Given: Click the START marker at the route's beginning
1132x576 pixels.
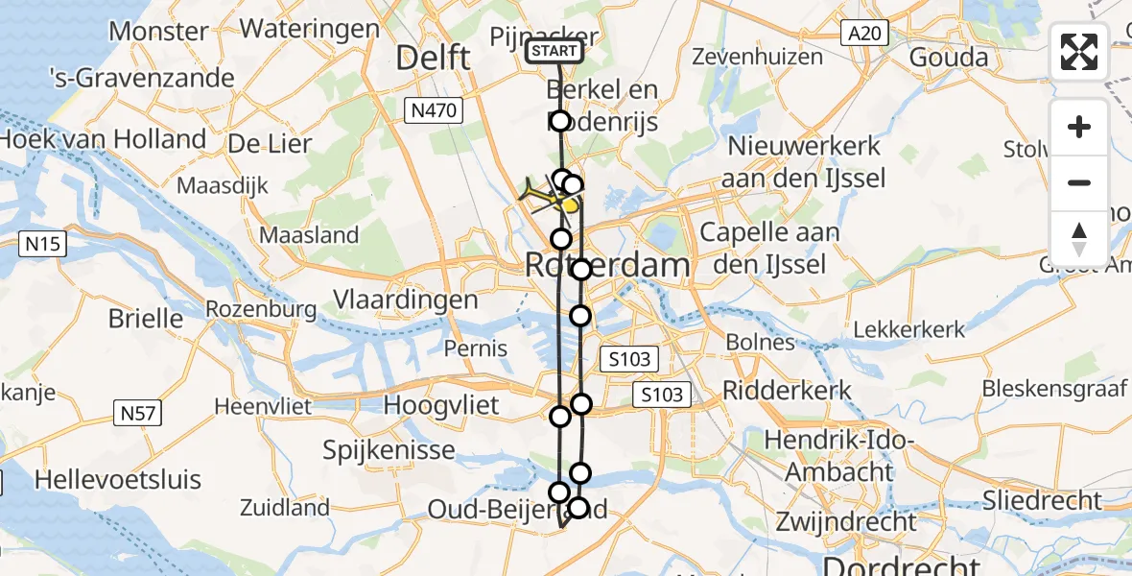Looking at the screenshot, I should pos(554,51).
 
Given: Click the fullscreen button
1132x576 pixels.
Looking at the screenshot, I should pos(1079,52).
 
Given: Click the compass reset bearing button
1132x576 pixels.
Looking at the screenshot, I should pos(1079,239).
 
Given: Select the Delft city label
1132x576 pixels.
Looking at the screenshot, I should pos(434,58).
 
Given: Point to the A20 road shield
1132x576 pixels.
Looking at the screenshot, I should pos(861,35).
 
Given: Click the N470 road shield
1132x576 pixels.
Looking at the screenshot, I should pos(434,111).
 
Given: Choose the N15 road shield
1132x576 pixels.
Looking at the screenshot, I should pos(44,245).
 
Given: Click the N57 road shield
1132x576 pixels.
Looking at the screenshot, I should pos(139,414).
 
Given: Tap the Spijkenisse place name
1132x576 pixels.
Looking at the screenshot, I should pos(389,448).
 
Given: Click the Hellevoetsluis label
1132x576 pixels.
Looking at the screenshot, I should pos(118,478).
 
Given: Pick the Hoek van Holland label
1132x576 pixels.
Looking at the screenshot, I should pos(104,140).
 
